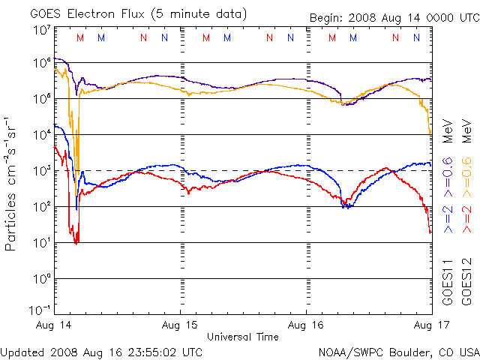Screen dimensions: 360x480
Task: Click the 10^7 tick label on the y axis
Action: [x=42, y=30]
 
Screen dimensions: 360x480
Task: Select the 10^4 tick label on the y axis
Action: [x=42, y=134]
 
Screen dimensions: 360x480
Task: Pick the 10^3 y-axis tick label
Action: [x=42, y=170]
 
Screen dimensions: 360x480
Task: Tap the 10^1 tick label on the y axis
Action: [x=42, y=242]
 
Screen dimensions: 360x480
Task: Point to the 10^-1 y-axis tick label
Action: [x=40, y=310]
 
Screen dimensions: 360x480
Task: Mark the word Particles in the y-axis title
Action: [x=12, y=221]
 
